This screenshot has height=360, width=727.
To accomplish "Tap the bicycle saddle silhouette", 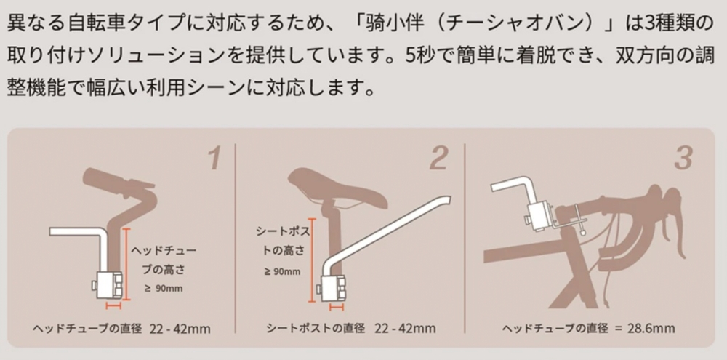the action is [x=337, y=188].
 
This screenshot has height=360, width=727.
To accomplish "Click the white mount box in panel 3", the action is [x=539, y=216].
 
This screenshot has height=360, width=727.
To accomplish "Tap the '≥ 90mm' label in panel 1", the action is [x=163, y=289].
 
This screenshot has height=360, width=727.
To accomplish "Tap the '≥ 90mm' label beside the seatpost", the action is [x=282, y=272].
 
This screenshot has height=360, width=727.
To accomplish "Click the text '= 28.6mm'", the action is [x=644, y=329].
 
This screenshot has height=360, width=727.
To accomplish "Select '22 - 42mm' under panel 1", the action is [x=180, y=329].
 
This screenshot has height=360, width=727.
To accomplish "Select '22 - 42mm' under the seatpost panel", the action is [x=405, y=329].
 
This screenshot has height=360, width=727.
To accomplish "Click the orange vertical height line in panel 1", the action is [x=126, y=265].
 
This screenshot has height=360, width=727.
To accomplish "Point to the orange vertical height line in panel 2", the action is [x=312, y=260].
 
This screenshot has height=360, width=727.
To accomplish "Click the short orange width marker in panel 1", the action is [x=113, y=306].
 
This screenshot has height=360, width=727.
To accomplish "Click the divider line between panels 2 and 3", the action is [x=465, y=239].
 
